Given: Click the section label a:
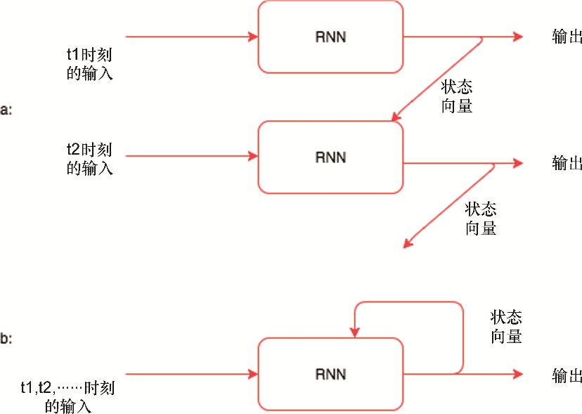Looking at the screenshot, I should [x=6, y=110].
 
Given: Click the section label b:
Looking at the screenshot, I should [x=6, y=339].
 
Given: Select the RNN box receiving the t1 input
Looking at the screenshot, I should [x=330, y=37].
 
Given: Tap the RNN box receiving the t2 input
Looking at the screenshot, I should [x=330, y=157].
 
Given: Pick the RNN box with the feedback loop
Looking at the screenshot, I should [x=330, y=374].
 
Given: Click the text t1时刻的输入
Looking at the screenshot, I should [x=89, y=63].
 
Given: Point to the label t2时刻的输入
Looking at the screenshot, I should [x=89, y=159].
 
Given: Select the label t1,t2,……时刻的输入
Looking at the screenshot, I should [x=68, y=396].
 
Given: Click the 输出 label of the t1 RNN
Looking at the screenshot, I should [x=567, y=37].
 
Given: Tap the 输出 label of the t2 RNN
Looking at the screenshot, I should [x=567, y=163].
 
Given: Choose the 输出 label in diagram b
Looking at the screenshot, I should [x=567, y=375].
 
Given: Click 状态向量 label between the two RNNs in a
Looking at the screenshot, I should [x=456, y=96].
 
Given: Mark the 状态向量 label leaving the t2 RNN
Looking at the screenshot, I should [x=481, y=219].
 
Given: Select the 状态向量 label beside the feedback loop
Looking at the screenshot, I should [x=506, y=327].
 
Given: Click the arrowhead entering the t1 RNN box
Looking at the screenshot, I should [x=253, y=36].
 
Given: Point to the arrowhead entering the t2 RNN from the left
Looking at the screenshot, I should [x=253, y=156].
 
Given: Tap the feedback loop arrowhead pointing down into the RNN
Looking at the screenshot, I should [x=356, y=332].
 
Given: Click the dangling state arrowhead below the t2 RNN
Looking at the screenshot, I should [x=407, y=244].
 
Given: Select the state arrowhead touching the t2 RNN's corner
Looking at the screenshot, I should [x=395, y=117].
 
